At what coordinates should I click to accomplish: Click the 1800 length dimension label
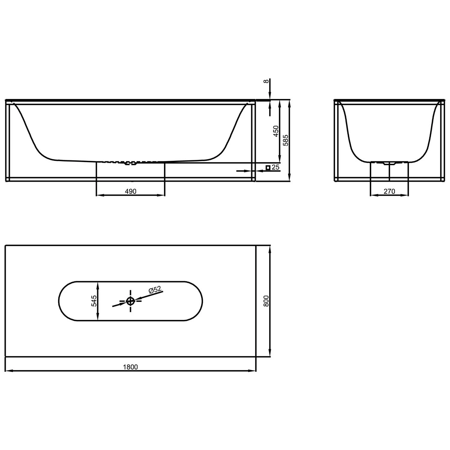tap(130, 367)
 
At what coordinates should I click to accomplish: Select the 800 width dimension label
tap(266, 301)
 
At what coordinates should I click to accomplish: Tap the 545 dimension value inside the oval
tap(94, 301)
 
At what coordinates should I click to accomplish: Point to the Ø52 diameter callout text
tap(155, 290)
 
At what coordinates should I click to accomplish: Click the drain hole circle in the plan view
tap(130, 301)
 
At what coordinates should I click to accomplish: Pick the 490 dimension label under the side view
tap(130, 191)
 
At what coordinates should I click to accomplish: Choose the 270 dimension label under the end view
tap(389, 191)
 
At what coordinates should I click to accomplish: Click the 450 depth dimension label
tap(276, 131)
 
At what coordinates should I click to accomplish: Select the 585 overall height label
tap(286, 140)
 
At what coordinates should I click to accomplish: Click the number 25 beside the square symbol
tap(275, 167)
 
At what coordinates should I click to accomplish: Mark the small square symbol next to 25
tap(268, 167)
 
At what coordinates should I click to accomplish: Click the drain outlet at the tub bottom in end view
tap(389, 163)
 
